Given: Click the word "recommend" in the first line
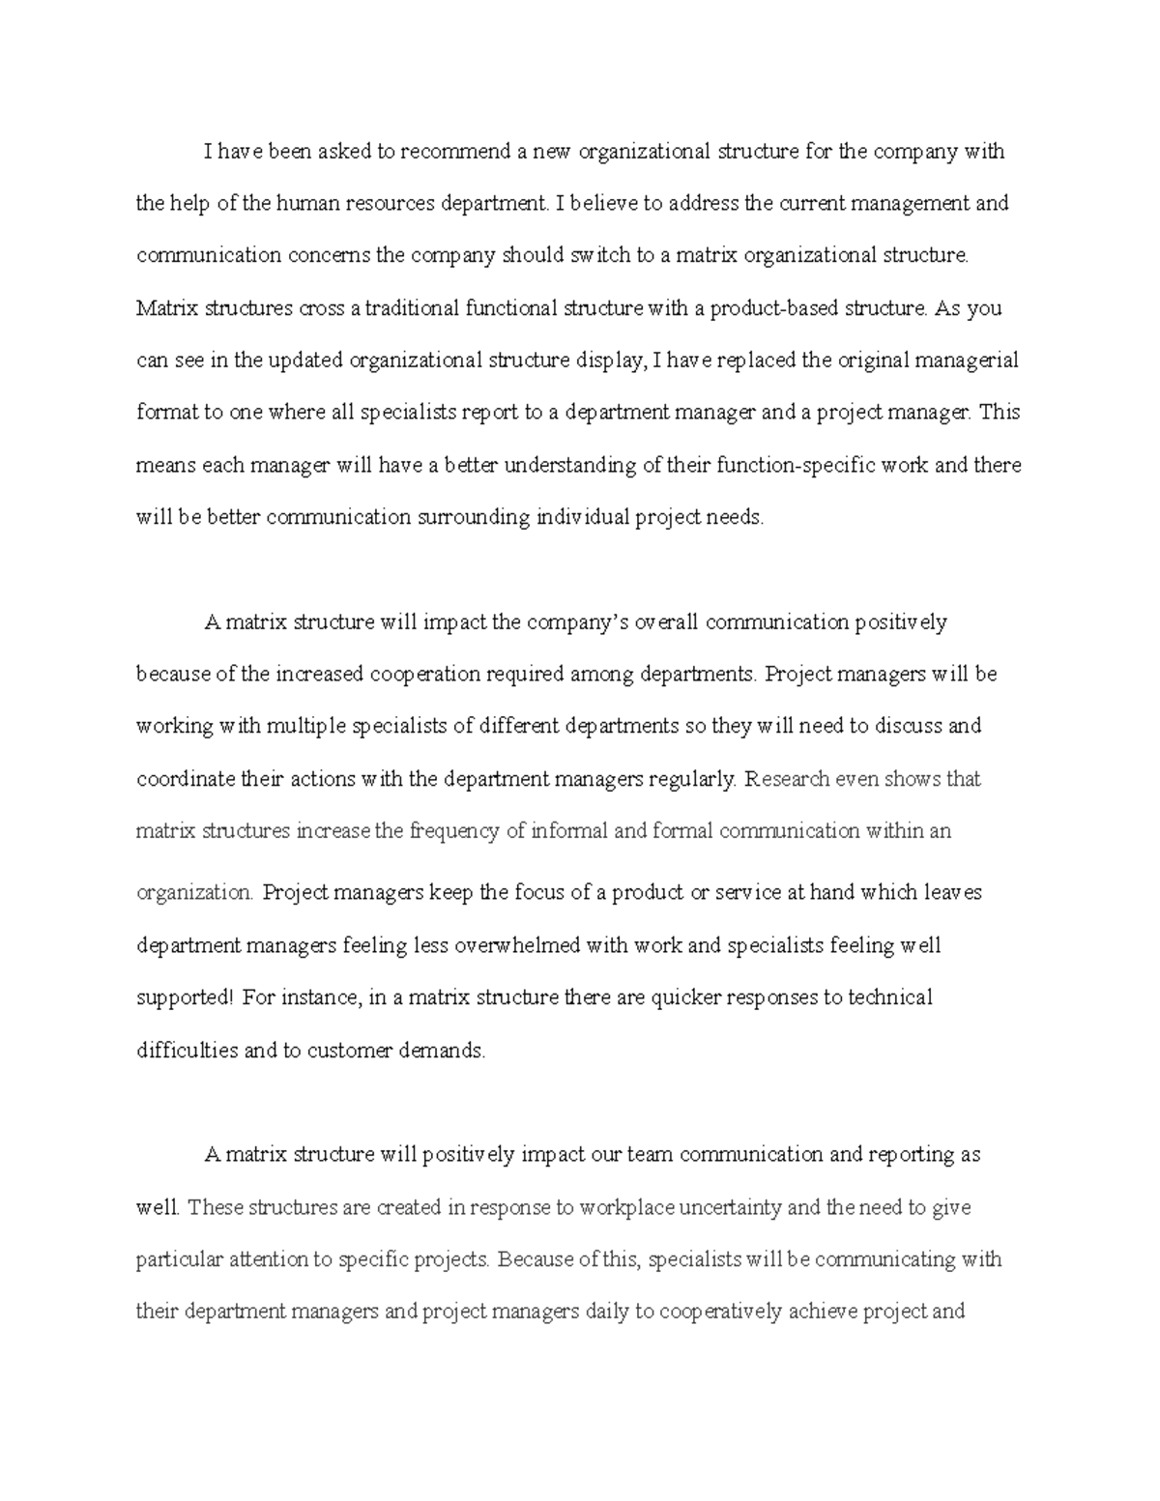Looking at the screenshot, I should pyautogui.click(x=455, y=152).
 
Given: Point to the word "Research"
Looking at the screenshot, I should pyautogui.click(x=787, y=779).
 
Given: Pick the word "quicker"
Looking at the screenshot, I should pyautogui.click(x=685, y=997).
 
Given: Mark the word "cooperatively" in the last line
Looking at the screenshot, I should pyautogui.click(x=719, y=1313).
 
